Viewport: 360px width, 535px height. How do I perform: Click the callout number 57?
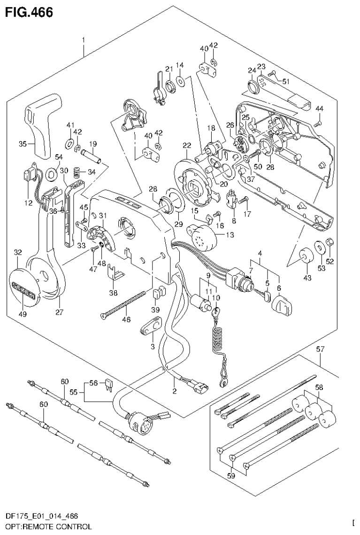coord(321,349)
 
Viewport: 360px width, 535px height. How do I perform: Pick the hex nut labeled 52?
coord(329,243)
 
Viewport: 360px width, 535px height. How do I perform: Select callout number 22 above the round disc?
coord(187,146)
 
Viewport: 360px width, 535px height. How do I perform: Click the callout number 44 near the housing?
coord(319,109)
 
